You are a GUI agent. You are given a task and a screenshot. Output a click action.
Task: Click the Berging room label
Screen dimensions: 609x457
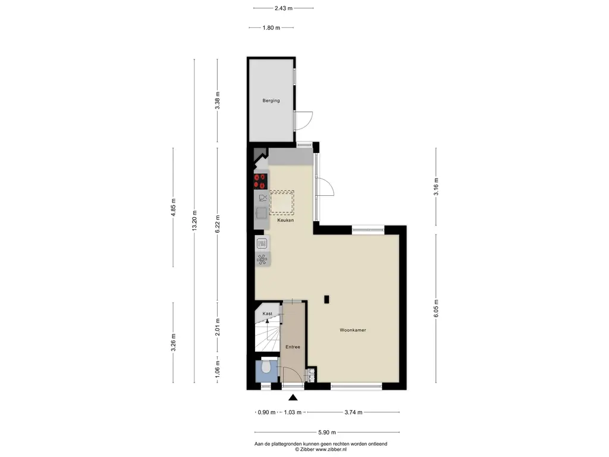click(271, 100)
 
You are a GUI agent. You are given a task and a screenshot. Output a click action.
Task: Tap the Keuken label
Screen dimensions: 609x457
click(285, 220)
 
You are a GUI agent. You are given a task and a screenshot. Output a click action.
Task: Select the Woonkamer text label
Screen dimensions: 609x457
click(353, 330)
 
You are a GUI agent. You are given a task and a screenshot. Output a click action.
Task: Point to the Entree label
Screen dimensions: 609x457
click(293, 347)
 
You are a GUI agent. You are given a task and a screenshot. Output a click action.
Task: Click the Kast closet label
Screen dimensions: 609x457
click(267, 314)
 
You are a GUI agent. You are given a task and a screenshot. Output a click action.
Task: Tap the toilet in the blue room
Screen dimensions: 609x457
click(266, 366)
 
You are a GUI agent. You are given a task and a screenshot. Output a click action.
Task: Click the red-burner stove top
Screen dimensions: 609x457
click(260, 181)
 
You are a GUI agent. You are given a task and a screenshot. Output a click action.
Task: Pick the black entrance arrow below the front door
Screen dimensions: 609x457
click(293, 397)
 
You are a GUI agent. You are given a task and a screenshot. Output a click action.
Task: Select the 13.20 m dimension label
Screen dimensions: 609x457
click(194, 220)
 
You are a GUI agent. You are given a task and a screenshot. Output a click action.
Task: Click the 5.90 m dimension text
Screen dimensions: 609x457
click(327, 432)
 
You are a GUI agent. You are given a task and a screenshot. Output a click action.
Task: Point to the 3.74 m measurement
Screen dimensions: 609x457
click(353, 412)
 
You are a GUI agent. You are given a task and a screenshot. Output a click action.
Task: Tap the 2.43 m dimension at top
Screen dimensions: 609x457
click(284, 8)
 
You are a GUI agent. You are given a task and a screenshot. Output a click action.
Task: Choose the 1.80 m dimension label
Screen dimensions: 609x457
click(271, 27)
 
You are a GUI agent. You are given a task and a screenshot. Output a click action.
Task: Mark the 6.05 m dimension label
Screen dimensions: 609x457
click(436, 308)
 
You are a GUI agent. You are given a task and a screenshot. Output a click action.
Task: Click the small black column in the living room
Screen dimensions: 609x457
click(327, 299)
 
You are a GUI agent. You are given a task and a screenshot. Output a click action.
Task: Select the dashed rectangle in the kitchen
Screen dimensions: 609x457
click(282, 202)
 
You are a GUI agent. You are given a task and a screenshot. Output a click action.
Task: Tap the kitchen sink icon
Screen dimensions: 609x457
click(262, 213)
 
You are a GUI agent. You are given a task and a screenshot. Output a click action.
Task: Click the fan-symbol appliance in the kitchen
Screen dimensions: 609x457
click(262, 259)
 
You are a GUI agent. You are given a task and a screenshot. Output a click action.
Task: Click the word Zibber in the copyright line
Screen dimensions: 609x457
click(307, 449)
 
